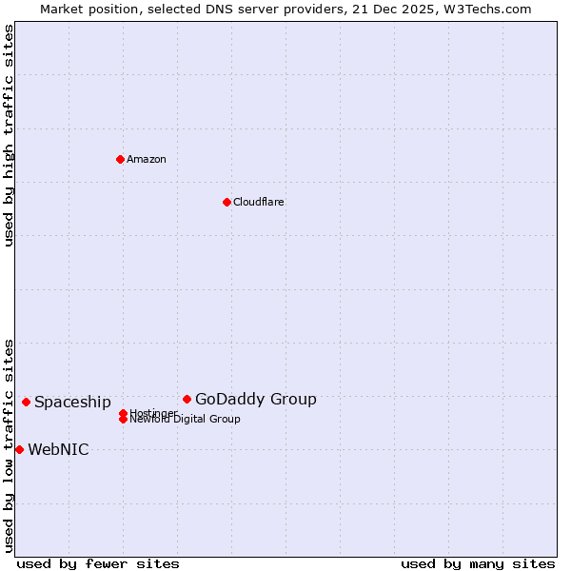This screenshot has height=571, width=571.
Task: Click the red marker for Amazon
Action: pyautogui.click(x=120, y=159)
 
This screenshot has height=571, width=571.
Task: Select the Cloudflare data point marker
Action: pyautogui.click(x=226, y=202)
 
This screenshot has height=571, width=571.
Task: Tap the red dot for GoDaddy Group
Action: pyautogui.click(x=187, y=399)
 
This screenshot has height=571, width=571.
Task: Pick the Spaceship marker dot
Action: pyautogui.click(x=26, y=402)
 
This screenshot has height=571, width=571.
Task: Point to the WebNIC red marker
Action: pyautogui.click(x=19, y=449)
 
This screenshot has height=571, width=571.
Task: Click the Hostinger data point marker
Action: pyautogui.click(x=123, y=413)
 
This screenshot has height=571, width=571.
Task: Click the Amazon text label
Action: pyautogui.click(x=147, y=159)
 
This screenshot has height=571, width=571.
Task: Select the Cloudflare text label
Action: pyautogui.click(x=259, y=202)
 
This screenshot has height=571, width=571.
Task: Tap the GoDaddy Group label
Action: pyautogui.click(x=256, y=399)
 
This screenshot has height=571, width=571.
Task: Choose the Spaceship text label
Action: pyautogui.click(x=72, y=402)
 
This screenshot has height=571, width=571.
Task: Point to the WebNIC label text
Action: pyautogui.click(x=58, y=449)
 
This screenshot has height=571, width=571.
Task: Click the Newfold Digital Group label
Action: pyautogui.click(x=186, y=420)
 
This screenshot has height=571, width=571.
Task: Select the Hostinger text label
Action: pyautogui.click(x=153, y=413)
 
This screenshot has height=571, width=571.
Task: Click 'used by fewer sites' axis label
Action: pyautogui.click(x=98, y=563)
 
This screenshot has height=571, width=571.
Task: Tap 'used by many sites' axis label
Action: pyautogui.click(x=478, y=563)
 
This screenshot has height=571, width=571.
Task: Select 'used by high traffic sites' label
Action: pyautogui.click(x=9, y=135)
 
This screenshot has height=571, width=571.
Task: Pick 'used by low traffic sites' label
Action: pyautogui.click(x=9, y=444)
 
